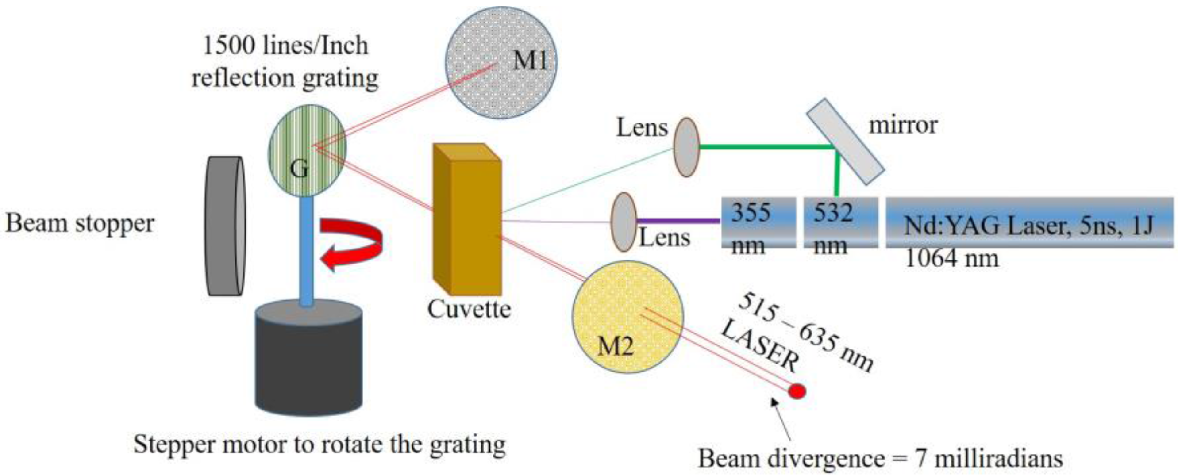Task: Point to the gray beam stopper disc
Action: pos(225,226)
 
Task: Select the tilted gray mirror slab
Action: pos(845,141)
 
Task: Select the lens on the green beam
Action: pos(686,147)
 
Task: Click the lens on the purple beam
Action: pos(624,222)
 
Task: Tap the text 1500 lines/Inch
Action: pos(285,46)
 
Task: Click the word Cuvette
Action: pos(469,310)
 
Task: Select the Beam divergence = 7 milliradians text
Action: pos(880,459)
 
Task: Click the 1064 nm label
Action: pos(951,259)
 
